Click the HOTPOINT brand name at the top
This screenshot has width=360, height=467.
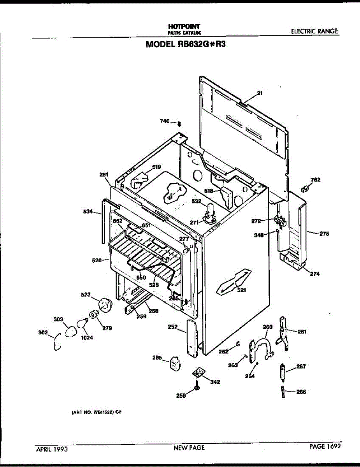184,26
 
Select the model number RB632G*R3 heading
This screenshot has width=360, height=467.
186,44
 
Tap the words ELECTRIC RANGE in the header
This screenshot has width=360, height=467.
314,32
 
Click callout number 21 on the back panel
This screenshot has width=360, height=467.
260,93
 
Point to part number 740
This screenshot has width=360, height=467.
165,121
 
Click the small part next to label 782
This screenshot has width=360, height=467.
305,189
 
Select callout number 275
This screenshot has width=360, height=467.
324,234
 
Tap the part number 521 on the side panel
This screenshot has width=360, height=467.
241,290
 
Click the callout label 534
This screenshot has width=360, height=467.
89,212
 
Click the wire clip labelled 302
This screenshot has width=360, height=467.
56,341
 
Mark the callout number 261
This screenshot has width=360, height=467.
302,332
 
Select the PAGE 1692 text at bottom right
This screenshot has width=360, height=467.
325,447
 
